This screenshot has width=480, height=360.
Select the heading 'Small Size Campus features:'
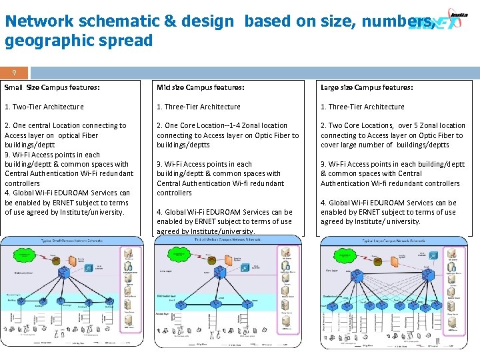52,88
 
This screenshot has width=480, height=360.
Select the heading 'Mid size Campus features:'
200,88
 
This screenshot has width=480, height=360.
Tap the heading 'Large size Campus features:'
367,88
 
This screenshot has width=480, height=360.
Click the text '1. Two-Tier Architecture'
44,107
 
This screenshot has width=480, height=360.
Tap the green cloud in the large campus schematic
353,257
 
